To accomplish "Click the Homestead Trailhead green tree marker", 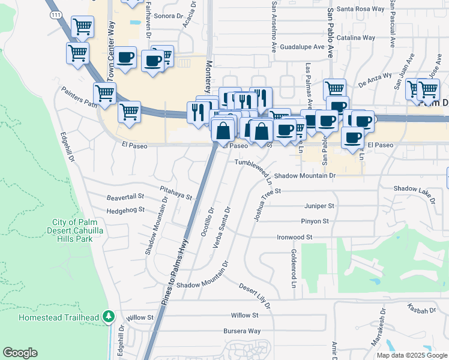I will point(108,315).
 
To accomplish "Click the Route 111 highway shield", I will point(56,15).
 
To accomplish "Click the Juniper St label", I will point(319,205).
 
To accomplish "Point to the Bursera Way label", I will point(242,331).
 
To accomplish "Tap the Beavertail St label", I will point(125,196).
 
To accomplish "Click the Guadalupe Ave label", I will point(302,46).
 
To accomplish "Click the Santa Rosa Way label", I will point(360,9).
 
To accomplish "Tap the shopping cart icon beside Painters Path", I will point(104,94).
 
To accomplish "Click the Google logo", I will point(20,353).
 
